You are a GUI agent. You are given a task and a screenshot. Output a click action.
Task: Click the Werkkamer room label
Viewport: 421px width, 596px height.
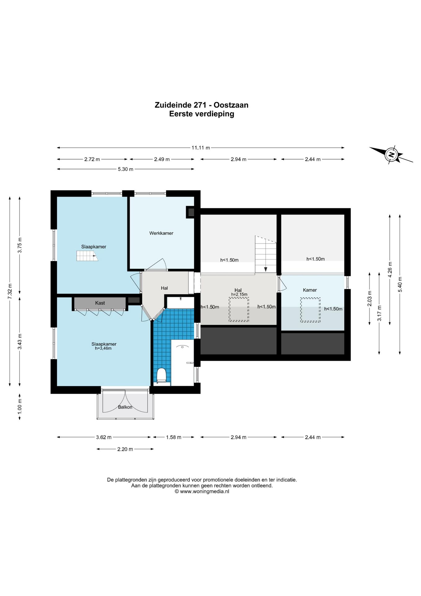tap(161, 233)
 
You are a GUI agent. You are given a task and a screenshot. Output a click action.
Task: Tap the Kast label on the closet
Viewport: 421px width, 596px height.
tap(100, 303)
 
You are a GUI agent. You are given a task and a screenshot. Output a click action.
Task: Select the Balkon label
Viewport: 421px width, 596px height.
tap(125, 407)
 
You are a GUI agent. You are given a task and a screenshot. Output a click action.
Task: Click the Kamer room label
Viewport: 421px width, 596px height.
tap(310, 290)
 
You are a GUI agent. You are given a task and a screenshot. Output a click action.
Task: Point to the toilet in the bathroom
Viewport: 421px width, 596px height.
tap(161, 375)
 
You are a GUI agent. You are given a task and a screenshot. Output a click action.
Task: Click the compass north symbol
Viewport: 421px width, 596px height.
tap(392, 155)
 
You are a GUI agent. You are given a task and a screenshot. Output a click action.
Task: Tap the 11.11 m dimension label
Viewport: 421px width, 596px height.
tap(201, 148)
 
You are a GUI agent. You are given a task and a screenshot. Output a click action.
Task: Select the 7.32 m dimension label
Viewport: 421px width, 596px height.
tap(10, 291)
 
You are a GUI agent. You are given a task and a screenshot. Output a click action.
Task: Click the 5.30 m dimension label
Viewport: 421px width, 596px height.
tap(126, 169)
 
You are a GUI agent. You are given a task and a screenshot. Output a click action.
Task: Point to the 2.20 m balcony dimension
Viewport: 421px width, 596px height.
tap(125, 449)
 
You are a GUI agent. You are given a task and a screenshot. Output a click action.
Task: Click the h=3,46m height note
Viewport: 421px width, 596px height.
tap(103, 348)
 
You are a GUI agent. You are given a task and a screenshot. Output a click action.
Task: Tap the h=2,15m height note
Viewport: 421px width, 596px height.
tap(239, 294)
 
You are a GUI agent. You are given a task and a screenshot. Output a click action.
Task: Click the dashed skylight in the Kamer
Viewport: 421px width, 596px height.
tap(310, 310)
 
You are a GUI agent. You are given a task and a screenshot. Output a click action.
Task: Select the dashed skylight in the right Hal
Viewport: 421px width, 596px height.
tap(239, 309)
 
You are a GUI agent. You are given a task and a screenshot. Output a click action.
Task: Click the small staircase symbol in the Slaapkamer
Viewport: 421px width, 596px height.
tap(87, 256)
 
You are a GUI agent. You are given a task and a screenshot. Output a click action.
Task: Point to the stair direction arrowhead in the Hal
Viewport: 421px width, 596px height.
tap(266, 269)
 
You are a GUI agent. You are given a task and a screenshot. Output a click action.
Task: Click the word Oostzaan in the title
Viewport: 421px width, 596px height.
tap(231, 105)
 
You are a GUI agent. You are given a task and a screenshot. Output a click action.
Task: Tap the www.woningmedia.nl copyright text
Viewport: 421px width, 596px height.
tap(202, 491)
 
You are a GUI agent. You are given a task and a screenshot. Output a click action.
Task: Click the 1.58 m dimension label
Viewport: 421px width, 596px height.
tap(174, 437)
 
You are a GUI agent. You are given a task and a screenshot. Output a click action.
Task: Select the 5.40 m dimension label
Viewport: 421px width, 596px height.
tap(400, 284)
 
